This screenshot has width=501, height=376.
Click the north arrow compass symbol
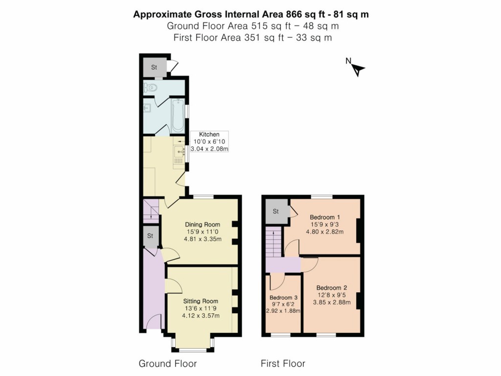tap(359, 70)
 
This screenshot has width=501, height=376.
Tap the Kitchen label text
tap(209, 134)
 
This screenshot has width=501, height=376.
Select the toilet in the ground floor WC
tap(151, 88)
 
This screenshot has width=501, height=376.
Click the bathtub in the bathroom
tap(177, 116)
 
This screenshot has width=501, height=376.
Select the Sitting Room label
tap(201, 301)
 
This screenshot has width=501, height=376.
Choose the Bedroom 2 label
tap(332, 287)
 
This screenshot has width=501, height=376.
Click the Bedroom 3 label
tap(283, 297)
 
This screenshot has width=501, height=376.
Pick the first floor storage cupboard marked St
tap(275, 211)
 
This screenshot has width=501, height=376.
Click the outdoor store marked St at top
tap(154, 68)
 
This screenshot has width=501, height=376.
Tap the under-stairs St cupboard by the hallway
tap(151, 236)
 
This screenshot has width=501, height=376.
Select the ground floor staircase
tap(151, 211)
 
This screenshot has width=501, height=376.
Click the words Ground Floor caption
tap(168, 363)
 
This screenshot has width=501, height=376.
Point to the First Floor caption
tap(283, 363)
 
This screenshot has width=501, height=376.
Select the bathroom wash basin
tap(146, 109)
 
